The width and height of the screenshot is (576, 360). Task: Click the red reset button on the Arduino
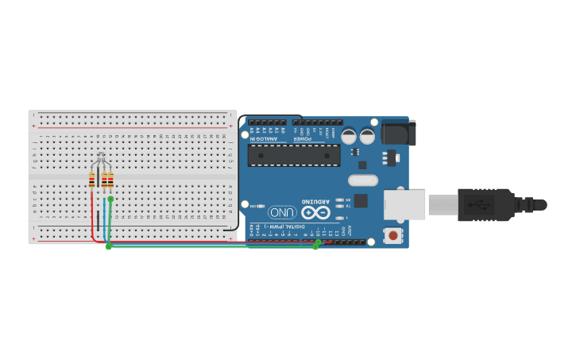[x=392, y=235]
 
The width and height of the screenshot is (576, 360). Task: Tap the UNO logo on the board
[x=281, y=212]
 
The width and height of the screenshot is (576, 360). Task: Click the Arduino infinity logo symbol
[x=315, y=212]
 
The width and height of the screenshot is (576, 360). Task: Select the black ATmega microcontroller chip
[x=293, y=155]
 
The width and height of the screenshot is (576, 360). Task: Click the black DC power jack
[x=397, y=132]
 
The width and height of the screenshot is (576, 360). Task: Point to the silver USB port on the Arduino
[x=404, y=205]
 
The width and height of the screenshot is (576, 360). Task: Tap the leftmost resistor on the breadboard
[x=92, y=180]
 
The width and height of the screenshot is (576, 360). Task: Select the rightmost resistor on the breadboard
[x=110, y=180]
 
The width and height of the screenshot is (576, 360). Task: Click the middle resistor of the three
[x=104, y=180]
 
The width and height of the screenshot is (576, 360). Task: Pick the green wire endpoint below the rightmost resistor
[x=110, y=199]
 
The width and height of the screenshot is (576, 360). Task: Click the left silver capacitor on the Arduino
[x=349, y=137]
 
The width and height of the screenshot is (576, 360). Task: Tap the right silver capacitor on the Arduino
[x=366, y=137]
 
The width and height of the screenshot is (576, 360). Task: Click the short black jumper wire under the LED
[x=98, y=219]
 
